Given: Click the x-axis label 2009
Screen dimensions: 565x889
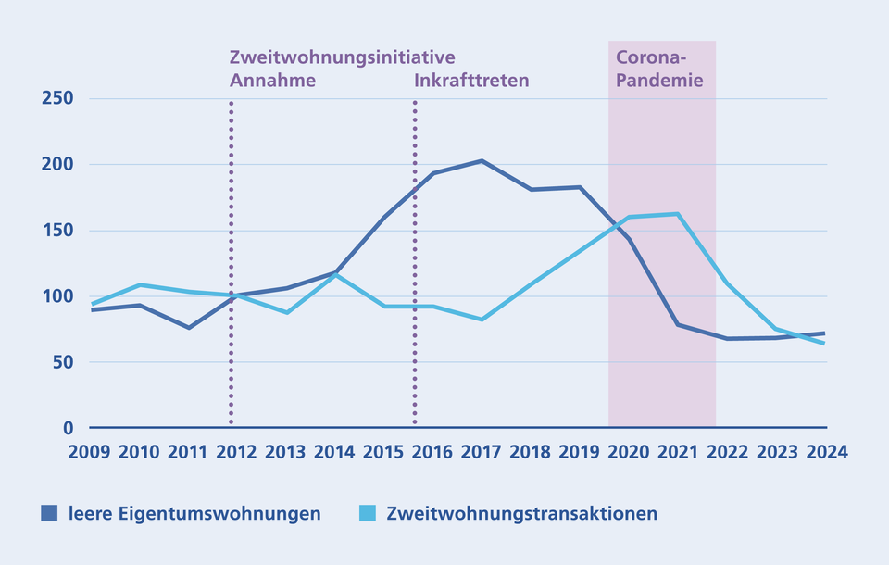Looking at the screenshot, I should tap(90, 453).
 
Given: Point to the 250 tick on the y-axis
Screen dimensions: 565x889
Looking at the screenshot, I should tap(56, 98).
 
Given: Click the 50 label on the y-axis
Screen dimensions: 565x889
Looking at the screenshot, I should tap(62, 362).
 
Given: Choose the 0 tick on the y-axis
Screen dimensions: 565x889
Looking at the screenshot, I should tap(68, 428).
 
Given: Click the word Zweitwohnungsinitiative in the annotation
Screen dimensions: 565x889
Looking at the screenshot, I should tap(342, 57).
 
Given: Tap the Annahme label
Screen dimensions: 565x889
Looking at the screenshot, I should tap(272, 80).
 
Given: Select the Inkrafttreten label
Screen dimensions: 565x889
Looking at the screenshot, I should tap(471, 80).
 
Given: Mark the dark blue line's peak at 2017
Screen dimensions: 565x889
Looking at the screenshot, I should tap(482, 161).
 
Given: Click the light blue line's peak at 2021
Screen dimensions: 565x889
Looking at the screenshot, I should tap(678, 214).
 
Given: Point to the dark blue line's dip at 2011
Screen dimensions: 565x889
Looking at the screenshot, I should tap(188, 328).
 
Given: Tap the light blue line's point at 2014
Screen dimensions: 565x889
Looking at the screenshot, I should tap(335, 274).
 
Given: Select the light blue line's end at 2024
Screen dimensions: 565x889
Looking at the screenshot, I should tap(825, 344).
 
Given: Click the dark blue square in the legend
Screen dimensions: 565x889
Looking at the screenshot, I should tap(50, 513).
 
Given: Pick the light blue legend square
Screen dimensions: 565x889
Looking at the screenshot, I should tap(368, 513).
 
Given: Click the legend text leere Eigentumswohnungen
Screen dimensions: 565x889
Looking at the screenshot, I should tap(194, 513).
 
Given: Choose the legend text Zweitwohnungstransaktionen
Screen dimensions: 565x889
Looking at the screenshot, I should tap(521, 513).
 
